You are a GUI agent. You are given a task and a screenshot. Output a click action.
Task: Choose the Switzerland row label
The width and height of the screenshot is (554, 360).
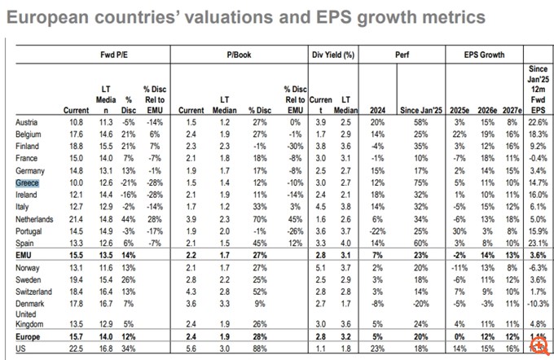click(35, 291)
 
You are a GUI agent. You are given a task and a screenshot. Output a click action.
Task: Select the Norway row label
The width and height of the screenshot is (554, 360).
click(29, 268)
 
